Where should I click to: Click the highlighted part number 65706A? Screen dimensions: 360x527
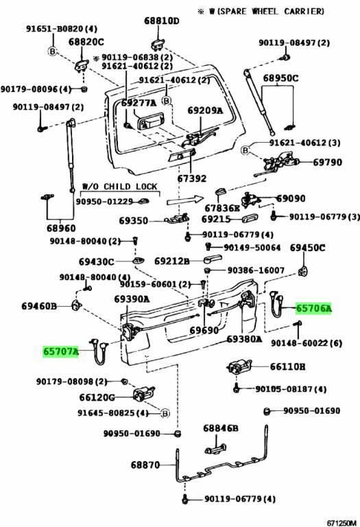pyautogui.click(x=313, y=308)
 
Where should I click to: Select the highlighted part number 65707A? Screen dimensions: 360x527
pyautogui.click(x=60, y=351)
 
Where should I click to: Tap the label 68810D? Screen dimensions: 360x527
pyautogui.click(x=162, y=21)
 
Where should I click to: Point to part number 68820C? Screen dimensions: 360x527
pyautogui.click(x=86, y=42)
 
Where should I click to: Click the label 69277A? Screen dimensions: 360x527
pyautogui.click(x=139, y=103)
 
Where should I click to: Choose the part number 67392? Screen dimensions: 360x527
pyautogui.click(x=192, y=178)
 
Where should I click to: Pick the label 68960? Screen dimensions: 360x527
pyautogui.click(x=61, y=229)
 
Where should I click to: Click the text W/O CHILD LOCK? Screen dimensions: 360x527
pyautogui.click(x=120, y=187)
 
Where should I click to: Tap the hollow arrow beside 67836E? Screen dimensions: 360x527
pyautogui.click(x=185, y=200)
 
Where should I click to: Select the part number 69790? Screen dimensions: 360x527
pyautogui.click(x=327, y=163)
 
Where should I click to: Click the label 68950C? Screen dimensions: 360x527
pyautogui.click(x=280, y=78)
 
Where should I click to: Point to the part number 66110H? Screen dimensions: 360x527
pyautogui.click(x=288, y=366)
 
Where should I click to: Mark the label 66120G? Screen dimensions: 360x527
pyautogui.click(x=97, y=397)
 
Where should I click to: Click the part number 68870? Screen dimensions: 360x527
pyautogui.click(x=145, y=465)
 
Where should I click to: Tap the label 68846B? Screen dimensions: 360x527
pyautogui.click(x=221, y=428)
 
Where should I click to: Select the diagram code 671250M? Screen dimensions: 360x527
pyautogui.click(x=341, y=523)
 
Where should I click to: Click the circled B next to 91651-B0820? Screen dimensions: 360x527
pyautogui.click(x=52, y=51)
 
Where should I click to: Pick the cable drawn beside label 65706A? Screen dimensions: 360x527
pyautogui.click(x=277, y=304)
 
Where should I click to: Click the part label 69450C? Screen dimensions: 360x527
pyautogui.click(x=308, y=248)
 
